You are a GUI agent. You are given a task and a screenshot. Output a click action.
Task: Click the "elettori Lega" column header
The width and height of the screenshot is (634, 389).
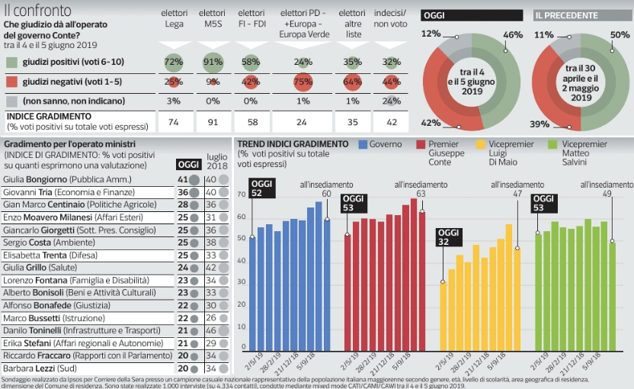click(x=175, y=19)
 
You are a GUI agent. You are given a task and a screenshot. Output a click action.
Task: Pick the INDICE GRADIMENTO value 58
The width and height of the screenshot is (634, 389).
click(x=250, y=121)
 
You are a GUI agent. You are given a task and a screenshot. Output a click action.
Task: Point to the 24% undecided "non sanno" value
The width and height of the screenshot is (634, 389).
click(x=391, y=101)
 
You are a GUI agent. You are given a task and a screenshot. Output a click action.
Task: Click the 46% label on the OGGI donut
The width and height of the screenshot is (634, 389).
click(x=513, y=35)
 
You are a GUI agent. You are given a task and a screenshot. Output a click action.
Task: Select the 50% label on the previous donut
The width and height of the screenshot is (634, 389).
click(x=620, y=35)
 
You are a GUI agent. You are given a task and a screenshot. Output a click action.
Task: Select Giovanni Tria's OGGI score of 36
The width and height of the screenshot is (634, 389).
click(x=182, y=192)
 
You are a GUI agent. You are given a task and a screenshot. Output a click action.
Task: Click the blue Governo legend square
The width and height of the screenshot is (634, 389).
click(x=363, y=145)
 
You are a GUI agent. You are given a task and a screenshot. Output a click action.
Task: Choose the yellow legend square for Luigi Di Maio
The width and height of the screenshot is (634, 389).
click(x=480, y=145)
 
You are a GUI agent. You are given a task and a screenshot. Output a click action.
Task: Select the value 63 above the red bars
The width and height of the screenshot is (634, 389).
click(x=421, y=194)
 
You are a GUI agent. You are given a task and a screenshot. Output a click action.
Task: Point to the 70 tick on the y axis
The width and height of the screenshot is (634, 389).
click(x=242, y=195)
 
